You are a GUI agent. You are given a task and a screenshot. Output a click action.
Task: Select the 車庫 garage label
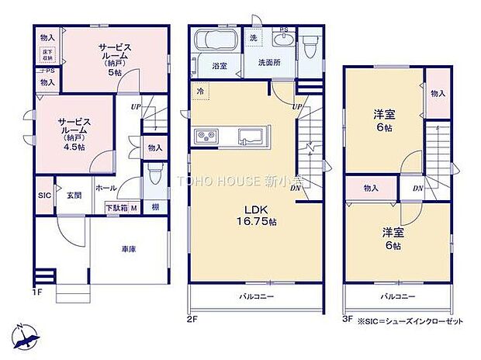coord(129,250)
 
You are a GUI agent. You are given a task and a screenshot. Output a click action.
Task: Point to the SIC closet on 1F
coord(43,196)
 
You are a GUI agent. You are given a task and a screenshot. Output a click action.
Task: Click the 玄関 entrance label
coord(74,196)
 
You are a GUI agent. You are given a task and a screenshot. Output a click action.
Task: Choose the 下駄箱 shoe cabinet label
coord(117,207)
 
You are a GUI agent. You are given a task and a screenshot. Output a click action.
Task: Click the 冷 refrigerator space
coord(199,92)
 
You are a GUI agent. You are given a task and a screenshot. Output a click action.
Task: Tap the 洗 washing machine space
coord(254,38)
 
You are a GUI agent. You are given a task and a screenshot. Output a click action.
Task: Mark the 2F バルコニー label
coord(254,297)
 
